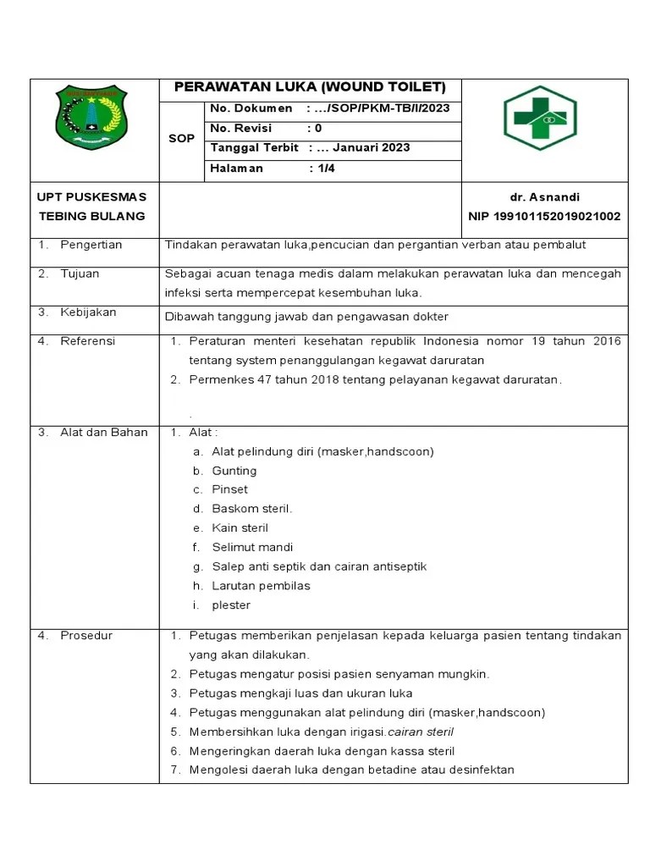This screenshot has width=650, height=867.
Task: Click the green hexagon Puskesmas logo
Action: pyautogui.click(x=539, y=119)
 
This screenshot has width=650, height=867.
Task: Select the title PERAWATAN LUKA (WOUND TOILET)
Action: pyautogui.click(x=310, y=88)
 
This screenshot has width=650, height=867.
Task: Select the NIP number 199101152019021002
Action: pyautogui.click(x=544, y=216)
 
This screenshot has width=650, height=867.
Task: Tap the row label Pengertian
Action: pyautogui.click(x=91, y=245)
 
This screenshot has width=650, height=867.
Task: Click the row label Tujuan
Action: pyautogui.click(x=80, y=273)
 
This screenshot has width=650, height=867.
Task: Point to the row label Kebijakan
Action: pyautogui.click(x=88, y=312)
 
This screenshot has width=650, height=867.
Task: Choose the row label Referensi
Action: pyautogui.click(x=87, y=341)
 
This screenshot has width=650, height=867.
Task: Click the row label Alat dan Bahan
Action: pyautogui.click(x=103, y=432)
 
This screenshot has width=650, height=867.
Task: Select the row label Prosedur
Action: pyautogui.click(x=85, y=635)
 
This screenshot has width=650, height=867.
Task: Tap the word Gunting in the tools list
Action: pyautogui.click(x=234, y=471)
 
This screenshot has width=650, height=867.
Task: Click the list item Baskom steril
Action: pyautogui.click(x=251, y=509)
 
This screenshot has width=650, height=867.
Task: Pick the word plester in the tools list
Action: pyautogui.click(x=231, y=605)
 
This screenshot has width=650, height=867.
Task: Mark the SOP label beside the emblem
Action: pyautogui.click(x=181, y=138)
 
